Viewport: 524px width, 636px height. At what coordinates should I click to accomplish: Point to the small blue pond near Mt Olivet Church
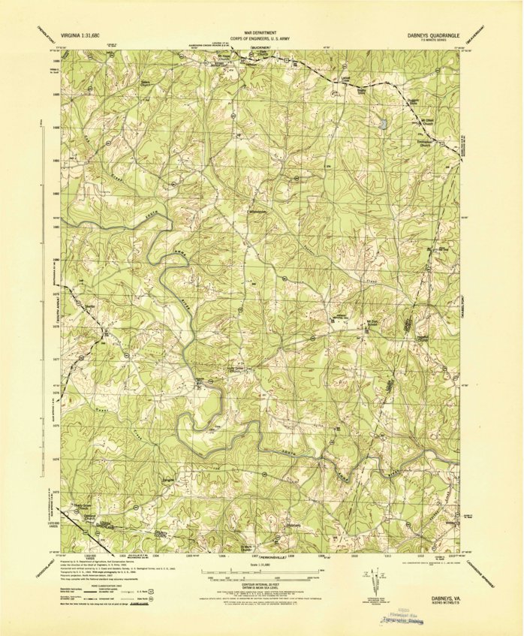click(384, 123)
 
